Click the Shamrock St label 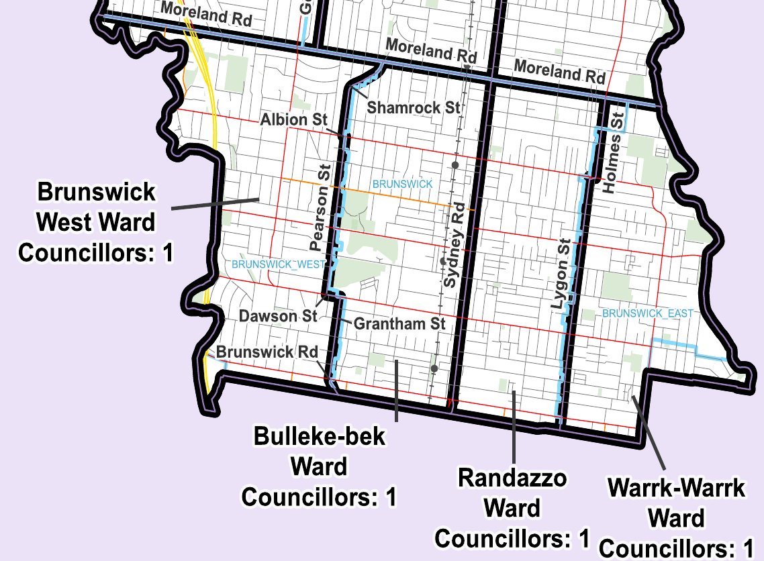point(414,107)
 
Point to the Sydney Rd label point(455,245)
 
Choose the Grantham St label point(399,324)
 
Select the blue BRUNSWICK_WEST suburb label point(268,264)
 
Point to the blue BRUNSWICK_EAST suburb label point(638,313)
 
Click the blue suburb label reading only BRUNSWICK point(403,183)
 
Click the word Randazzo point(512,479)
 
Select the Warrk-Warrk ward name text point(676,488)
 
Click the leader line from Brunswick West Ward point(215,204)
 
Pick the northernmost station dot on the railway point(455,164)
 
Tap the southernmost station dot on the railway point(434,368)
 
